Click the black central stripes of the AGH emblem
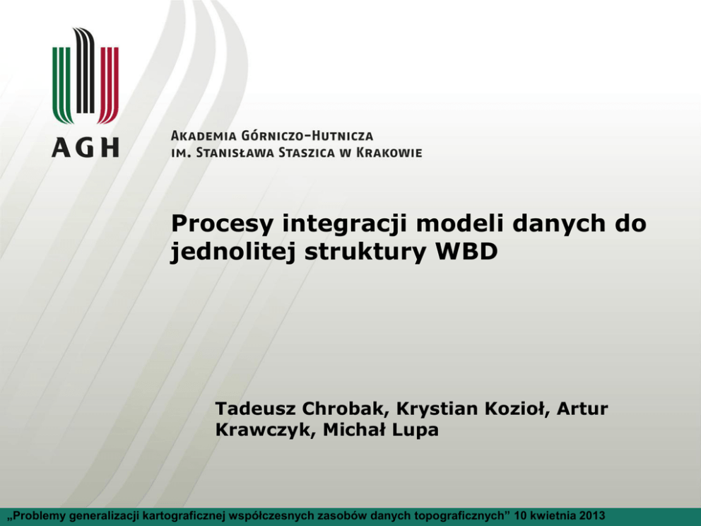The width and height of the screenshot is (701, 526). (85, 71)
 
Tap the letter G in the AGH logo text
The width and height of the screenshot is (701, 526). (85, 147)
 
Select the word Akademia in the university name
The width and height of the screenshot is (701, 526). (204, 136)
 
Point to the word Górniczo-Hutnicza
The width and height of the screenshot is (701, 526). (307, 135)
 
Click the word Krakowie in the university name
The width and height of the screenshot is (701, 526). (389, 153)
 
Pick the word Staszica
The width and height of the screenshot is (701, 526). (306, 153)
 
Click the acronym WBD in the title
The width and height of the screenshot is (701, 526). (466, 252)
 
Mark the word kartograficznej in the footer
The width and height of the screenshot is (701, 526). (184, 516)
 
